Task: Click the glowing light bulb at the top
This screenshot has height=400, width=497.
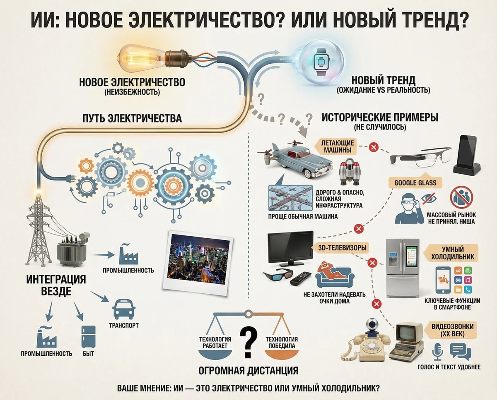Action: [x=139, y=58]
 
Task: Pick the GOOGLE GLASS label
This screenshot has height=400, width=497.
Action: [x=415, y=182]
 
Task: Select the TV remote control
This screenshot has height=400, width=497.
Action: [x=300, y=278]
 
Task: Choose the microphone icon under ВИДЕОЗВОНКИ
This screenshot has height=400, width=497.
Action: [x=437, y=351]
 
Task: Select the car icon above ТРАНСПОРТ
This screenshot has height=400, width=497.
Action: [x=124, y=308]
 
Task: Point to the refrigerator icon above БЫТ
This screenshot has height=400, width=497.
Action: [x=88, y=336]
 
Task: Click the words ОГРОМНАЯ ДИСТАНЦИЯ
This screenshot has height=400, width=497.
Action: [x=248, y=369]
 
